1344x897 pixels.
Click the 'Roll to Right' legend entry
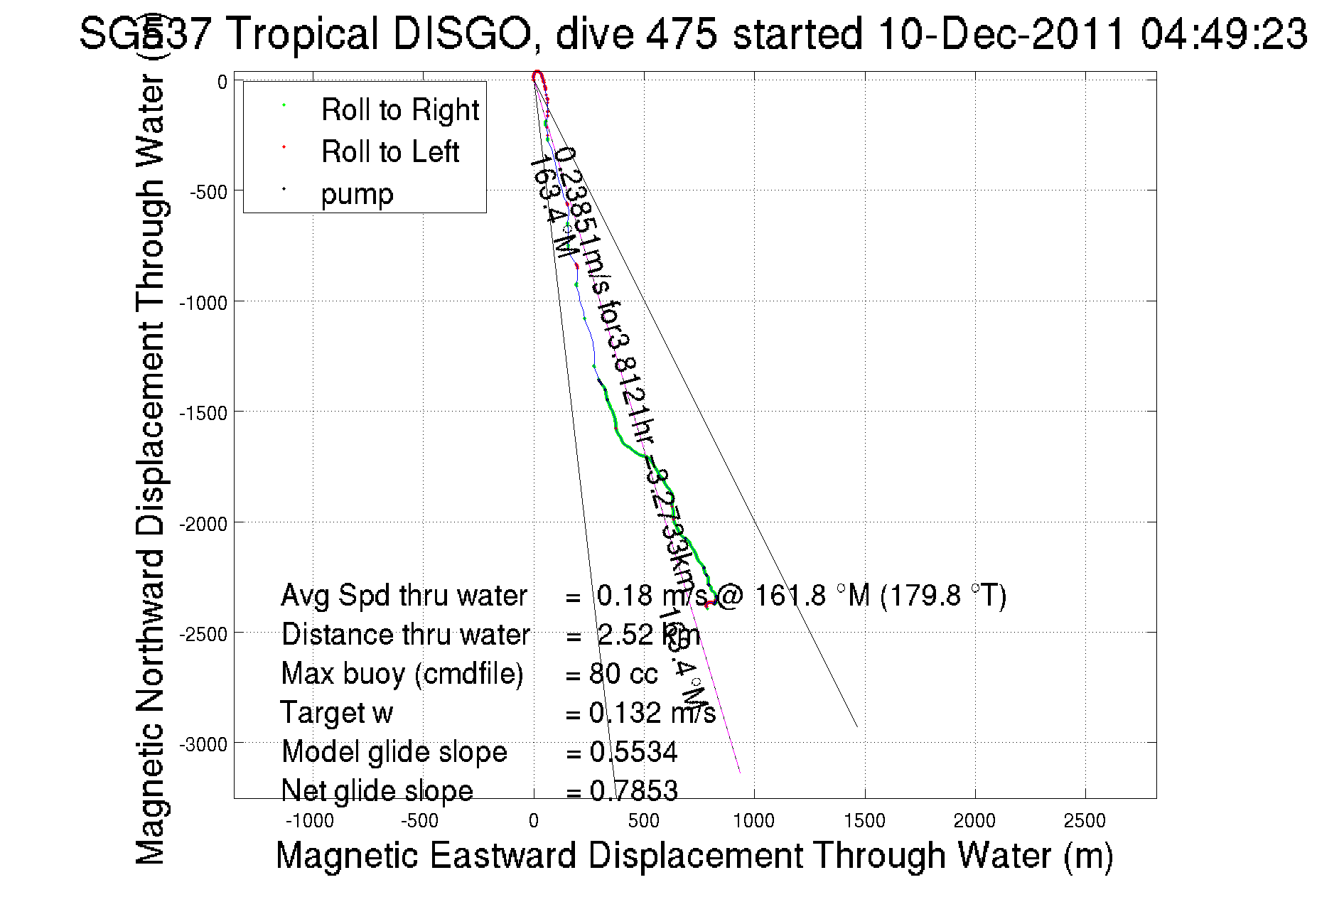[399, 110]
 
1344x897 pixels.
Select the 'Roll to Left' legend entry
[389, 152]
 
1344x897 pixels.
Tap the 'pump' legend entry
[357, 194]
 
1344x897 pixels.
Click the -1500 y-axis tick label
[203, 413]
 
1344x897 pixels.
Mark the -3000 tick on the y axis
[203, 744]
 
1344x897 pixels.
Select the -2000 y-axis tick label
[203, 524]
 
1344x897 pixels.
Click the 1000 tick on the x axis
[753, 821]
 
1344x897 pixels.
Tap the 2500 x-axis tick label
[1085, 821]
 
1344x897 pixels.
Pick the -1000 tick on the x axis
[309, 821]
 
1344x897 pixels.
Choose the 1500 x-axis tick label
[864, 821]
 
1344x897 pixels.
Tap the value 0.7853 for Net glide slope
[633, 791]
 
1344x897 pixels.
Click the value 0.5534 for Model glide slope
[633, 752]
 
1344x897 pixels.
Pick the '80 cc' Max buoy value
[623, 674]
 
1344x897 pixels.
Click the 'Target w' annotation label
[337, 713]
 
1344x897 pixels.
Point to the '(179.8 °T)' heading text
[943, 596]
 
